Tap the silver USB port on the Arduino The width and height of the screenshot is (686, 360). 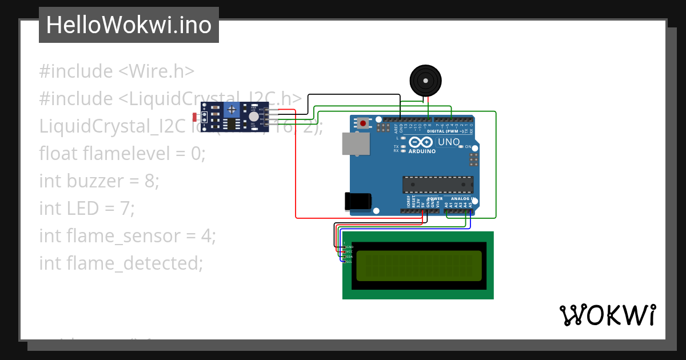(x=355, y=143)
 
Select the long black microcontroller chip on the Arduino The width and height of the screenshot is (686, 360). (x=438, y=185)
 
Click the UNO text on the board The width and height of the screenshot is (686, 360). (x=449, y=142)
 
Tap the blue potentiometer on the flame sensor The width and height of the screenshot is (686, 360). (x=232, y=110)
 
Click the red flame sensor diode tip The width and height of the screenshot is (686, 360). (x=195, y=117)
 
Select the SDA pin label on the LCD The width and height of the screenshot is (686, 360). (x=350, y=257)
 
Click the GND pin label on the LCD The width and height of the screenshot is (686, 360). (x=350, y=247)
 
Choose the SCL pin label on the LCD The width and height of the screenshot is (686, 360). (x=350, y=262)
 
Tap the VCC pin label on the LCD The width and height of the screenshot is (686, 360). (x=350, y=251)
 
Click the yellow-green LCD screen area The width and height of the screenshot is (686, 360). (x=418, y=266)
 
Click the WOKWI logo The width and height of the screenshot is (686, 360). (x=607, y=315)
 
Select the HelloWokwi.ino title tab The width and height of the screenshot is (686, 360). (x=129, y=25)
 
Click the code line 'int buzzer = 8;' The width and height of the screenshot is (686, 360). (x=99, y=181)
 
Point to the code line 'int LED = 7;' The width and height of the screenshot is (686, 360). (x=87, y=209)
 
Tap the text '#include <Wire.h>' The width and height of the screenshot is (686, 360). (x=117, y=71)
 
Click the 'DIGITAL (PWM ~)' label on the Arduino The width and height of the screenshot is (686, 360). (x=449, y=131)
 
